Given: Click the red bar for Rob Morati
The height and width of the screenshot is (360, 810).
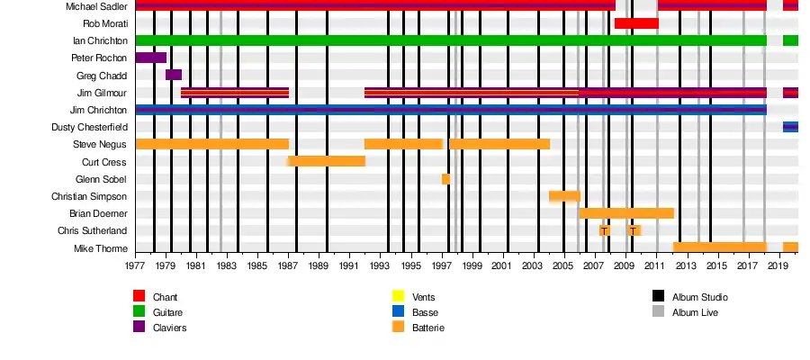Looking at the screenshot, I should (636, 23).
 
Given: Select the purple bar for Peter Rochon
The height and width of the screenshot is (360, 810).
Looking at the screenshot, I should (150, 58).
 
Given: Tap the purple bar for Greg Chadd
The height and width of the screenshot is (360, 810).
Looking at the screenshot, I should (174, 75).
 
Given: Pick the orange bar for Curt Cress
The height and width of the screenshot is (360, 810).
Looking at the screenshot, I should (326, 161).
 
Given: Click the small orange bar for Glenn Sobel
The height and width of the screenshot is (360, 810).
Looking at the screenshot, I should (445, 178).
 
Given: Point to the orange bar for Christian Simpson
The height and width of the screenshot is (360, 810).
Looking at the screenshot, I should (564, 196).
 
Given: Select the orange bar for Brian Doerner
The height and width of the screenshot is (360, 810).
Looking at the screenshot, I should (626, 213).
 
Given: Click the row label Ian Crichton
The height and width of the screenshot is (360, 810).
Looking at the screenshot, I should (100, 40).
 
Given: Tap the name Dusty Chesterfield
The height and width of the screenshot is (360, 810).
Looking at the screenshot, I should (89, 128).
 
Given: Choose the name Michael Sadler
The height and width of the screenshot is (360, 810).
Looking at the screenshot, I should (96, 6).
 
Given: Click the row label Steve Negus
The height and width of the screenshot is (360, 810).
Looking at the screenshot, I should (100, 145).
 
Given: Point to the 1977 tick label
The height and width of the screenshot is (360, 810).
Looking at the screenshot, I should (136, 266).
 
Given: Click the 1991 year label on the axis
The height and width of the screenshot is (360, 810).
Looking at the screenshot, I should (350, 266).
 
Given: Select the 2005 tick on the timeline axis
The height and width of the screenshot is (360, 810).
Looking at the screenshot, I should (563, 266).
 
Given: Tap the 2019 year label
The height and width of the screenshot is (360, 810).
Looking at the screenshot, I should (778, 266).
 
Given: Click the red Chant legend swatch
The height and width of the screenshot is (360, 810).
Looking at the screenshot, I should (139, 296).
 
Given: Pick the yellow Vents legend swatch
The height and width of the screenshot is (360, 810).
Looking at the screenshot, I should (398, 296).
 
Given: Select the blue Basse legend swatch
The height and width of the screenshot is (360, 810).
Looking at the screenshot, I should (398, 312).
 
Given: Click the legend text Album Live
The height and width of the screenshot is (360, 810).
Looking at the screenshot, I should (695, 312).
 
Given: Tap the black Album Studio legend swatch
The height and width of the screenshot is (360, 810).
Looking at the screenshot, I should (658, 296).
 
